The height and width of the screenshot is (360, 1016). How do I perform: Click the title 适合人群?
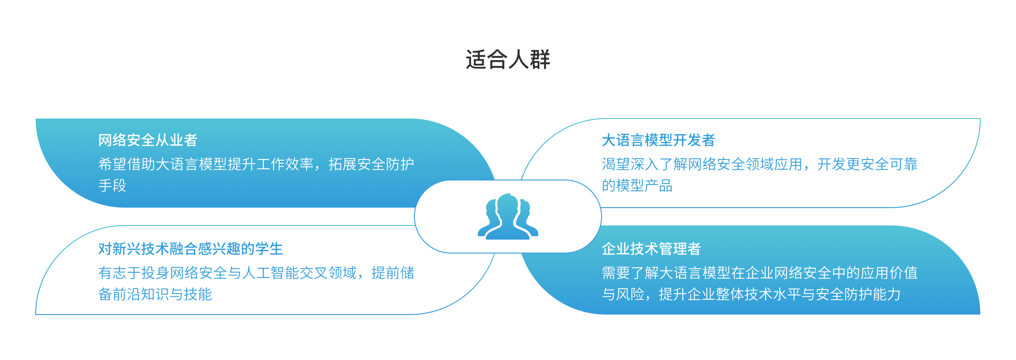point(508,59)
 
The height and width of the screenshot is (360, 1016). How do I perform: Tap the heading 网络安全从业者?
point(148,140)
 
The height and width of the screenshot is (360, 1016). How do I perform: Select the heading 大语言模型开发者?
point(658,140)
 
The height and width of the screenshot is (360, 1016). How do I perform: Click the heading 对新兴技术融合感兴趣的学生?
point(191,249)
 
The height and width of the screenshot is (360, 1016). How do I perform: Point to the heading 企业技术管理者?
point(651,249)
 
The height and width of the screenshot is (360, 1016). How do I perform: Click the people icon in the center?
point(508,217)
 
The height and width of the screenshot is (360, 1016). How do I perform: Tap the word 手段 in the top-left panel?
point(112,185)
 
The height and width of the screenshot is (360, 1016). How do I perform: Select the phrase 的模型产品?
point(637,185)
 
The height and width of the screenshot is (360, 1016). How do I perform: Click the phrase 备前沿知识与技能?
point(155,294)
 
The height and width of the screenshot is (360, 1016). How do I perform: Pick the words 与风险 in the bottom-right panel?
point(623,294)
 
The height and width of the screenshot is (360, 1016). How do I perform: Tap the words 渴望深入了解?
point(644,164)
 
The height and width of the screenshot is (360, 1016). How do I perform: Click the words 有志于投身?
point(134,273)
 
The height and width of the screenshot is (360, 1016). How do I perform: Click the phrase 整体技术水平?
point(758,294)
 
